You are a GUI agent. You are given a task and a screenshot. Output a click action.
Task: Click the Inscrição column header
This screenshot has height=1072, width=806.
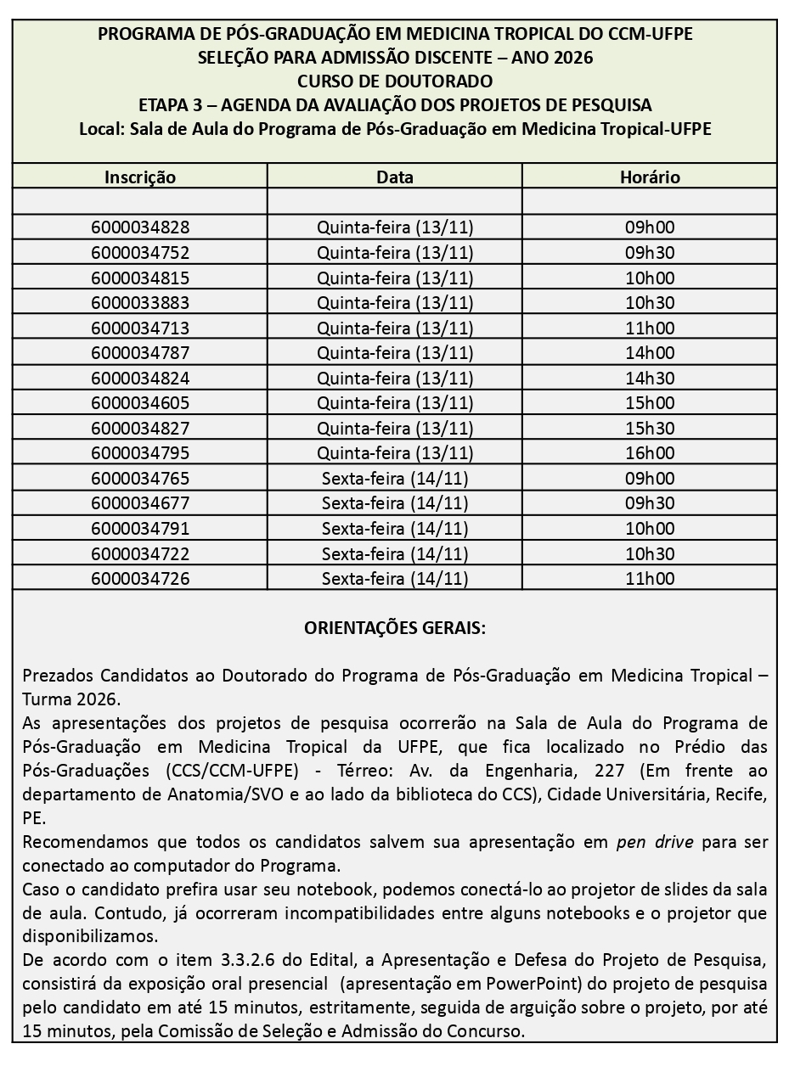[140, 177]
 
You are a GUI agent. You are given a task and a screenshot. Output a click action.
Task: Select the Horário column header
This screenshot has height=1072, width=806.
[650, 177]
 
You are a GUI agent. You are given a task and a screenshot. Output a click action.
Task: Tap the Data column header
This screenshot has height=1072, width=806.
[395, 177]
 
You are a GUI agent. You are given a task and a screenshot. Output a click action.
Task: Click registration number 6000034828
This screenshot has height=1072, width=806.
[140, 227]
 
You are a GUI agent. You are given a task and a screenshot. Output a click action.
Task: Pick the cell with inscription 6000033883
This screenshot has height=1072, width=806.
[140, 303]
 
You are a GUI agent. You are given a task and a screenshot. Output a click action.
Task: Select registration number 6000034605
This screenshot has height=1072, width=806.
[140, 403]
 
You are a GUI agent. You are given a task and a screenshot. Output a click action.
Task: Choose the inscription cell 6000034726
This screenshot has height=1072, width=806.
[140, 579]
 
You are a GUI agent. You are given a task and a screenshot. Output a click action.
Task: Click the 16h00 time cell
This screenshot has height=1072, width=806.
[650, 453]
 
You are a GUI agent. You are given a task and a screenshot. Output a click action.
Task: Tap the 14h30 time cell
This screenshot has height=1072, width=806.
[650, 378]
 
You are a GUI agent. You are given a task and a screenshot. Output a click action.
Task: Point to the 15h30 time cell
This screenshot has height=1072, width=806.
[650, 428]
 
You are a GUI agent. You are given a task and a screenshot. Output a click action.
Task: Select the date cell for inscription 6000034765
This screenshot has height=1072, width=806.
[395, 479]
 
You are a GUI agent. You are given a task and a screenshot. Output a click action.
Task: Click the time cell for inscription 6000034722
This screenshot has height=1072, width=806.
[650, 554]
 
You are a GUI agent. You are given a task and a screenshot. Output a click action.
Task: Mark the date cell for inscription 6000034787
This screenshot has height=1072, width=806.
[395, 353]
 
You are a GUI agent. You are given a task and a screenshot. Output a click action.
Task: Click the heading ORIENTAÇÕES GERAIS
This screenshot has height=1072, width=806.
[395, 629]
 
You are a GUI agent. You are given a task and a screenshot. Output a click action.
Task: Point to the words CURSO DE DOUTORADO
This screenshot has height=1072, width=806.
[395, 81]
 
